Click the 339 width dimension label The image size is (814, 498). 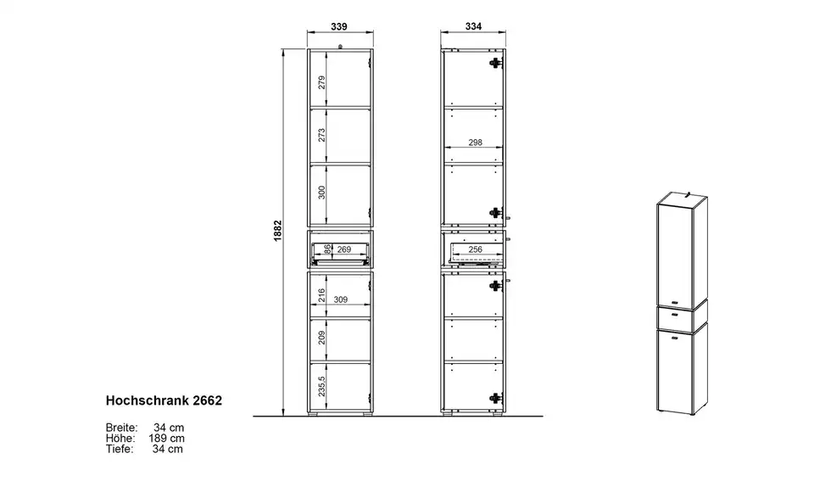[339, 26]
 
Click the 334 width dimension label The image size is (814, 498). [473, 26]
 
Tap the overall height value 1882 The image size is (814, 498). [278, 231]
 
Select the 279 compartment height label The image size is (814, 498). [322, 82]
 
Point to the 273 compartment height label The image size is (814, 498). [322, 135]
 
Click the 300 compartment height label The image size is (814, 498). [322, 192]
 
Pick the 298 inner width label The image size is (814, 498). [475, 143]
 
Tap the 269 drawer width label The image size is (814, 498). [344, 249]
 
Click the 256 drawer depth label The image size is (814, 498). [476, 249]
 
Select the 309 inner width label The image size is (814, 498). [341, 299]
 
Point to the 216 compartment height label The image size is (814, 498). [322, 295]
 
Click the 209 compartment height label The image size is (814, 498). [322, 338]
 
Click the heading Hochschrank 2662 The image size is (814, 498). [164, 400]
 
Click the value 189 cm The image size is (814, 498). [167, 439]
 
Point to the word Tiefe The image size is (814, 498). [120, 449]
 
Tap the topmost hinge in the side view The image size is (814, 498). [496, 63]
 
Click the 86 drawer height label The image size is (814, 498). [327, 249]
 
